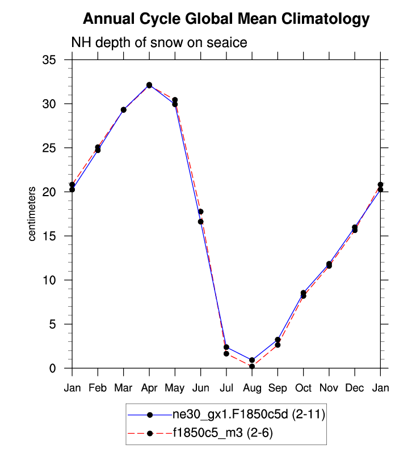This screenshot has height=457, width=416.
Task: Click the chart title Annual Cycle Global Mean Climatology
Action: tap(226, 19)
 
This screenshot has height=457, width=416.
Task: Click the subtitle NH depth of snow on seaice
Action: tap(158, 43)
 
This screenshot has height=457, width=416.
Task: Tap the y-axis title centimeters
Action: tap(33, 213)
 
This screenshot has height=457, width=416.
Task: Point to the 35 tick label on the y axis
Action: tap(56, 60)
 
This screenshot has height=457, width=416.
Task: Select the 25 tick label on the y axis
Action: tap(56, 148)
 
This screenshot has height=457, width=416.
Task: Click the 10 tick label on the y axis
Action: tap(56, 280)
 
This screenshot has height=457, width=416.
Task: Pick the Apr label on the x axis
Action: tap(149, 388)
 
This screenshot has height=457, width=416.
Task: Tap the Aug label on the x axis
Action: tap(252, 388)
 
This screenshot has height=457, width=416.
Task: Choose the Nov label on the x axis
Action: tap(329, 388)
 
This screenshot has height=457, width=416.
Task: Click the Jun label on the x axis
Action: tap(201, 388)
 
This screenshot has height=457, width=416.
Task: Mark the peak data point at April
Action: tap(149, 85)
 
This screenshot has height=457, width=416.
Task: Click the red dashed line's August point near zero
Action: tap(252, 366)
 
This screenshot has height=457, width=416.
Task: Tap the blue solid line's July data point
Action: tap(226, 347)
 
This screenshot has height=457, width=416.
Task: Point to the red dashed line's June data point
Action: tap(201, 211)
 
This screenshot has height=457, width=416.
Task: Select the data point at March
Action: tap(124, 109)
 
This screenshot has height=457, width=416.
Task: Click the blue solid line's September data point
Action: tap(278, 340)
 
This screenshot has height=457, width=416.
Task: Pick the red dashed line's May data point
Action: tap(175, 100)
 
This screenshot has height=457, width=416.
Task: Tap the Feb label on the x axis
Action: tap(98, 388)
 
